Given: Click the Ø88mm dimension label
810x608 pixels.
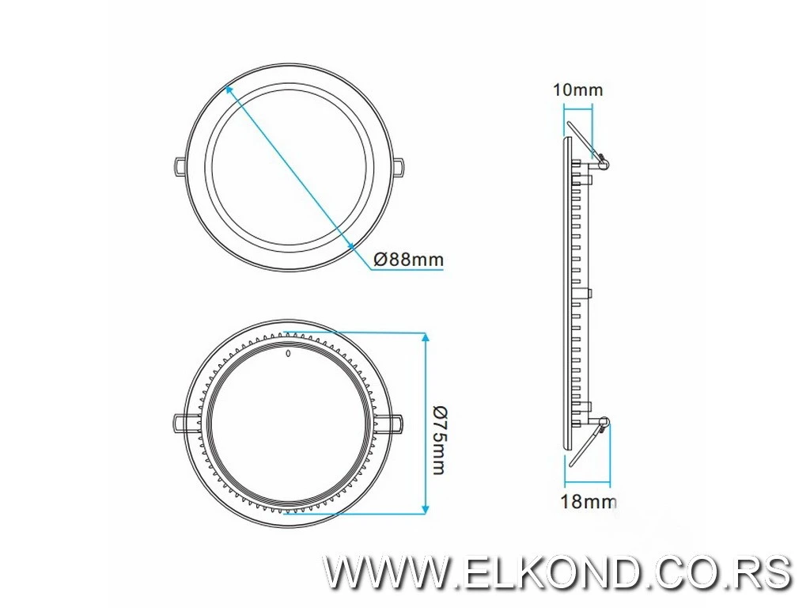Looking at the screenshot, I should [x=408, y=259].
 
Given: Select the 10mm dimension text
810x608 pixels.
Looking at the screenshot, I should [x=577, y=89].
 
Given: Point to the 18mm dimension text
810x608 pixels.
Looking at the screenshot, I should [x=588, y=500].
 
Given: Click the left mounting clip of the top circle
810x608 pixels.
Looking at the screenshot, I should [x=180, y=164].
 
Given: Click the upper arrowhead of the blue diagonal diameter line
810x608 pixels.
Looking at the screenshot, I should [x=229, y=90].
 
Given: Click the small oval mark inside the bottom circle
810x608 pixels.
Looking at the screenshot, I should [x=289, y=355].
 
